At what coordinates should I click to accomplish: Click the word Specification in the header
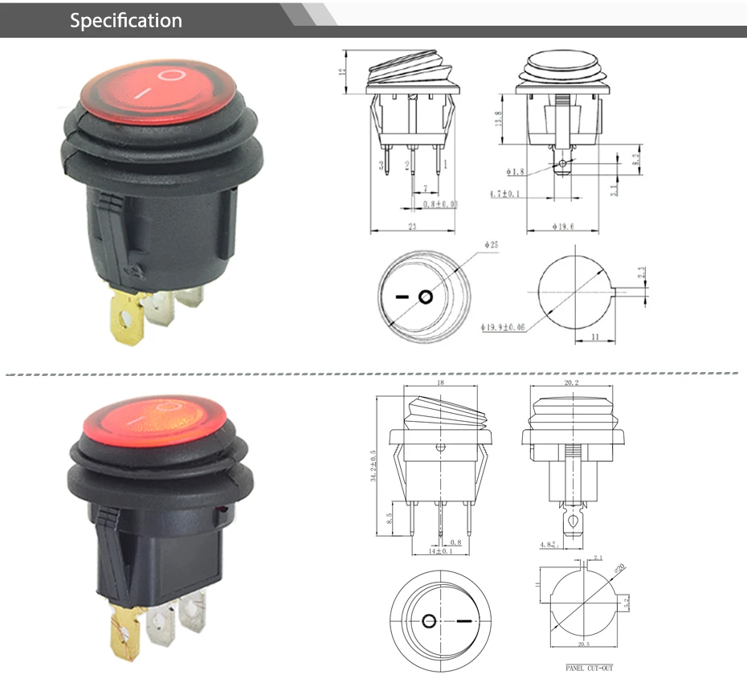tap(125, 20)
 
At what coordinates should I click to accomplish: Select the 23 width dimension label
tap(412, 227)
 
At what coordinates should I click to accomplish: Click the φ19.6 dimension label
tap(563, 227)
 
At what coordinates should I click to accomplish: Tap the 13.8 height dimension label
tap(499, 118)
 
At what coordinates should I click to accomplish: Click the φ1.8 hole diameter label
tap(515, 172)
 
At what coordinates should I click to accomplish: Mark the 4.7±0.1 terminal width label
tap(505, 194)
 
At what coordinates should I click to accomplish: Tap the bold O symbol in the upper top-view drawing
tap(425, 297)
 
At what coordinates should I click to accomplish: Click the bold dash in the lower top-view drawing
tap(465, 621)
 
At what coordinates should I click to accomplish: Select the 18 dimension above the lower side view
tap(439, 384)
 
